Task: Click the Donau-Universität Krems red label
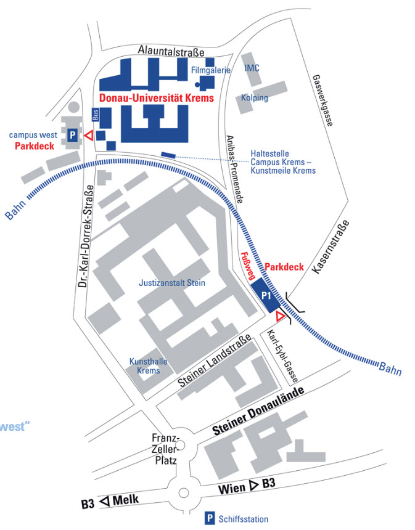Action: pos(156,98)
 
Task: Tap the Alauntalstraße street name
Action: pos(163,52)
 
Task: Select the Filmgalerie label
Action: pos(211,70)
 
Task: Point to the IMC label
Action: pos(252,68)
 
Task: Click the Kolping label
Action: pos(255,98)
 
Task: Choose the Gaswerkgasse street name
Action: pos(323,100)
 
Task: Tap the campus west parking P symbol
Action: pos(72,134)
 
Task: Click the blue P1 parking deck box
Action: pos(267,296)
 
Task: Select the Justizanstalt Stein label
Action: pos(172,283)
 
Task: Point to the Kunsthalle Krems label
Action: pos(145,366)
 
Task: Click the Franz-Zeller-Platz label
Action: pos(165,449)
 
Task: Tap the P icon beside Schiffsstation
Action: pos(210,519)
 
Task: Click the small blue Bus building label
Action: pos(95,115)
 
